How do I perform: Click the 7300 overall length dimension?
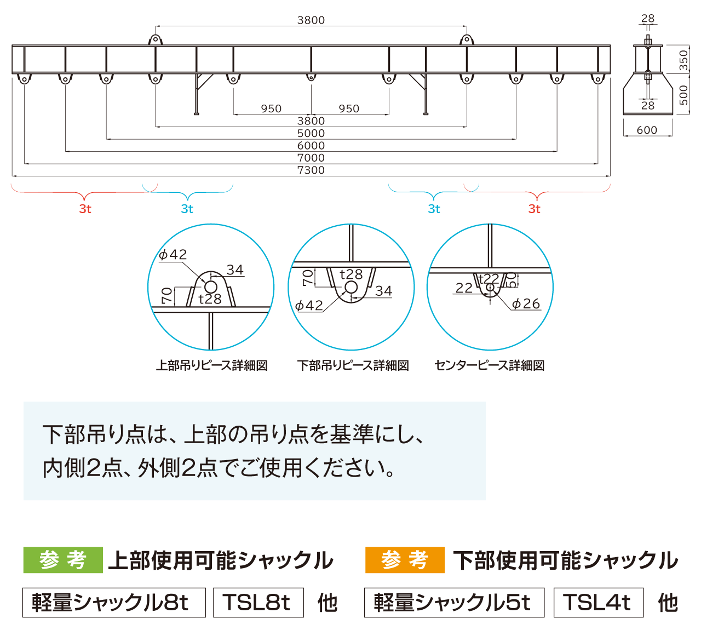point(311,170)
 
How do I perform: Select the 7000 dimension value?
point(311,158)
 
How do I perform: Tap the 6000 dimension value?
point(311,145)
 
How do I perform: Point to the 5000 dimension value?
point(311,133)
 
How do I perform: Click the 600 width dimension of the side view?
point(647,130)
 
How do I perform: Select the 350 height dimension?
point(683,60)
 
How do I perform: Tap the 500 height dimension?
point(683,95)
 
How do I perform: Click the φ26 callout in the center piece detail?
point(526,304)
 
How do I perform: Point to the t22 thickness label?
point(489,278)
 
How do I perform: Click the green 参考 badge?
point(63,560)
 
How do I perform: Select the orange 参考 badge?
point(405,560)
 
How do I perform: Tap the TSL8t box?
point(258,603)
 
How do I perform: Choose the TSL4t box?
point(599,603)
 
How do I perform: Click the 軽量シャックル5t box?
point(454,603)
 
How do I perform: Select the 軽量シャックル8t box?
point(114,603)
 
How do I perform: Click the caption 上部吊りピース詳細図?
point(212,365)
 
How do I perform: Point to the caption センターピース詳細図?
point(489,365)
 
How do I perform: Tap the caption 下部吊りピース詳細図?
point(353,365)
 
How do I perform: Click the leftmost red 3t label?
point(85,209)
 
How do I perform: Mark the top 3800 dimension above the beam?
point(311,20)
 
